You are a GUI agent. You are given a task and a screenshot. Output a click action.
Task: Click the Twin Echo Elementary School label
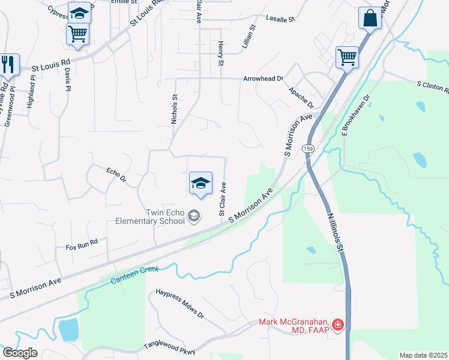150,216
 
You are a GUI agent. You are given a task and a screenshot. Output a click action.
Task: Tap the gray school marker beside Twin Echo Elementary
194,215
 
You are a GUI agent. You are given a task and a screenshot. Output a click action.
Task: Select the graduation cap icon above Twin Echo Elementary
200,183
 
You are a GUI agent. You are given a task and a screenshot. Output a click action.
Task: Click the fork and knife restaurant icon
8,64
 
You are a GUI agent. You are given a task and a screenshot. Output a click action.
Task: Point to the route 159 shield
309,148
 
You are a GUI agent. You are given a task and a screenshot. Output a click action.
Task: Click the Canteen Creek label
135,272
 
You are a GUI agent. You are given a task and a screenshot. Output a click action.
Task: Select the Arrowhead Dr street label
262,79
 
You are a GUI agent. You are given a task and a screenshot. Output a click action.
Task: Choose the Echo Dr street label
116,175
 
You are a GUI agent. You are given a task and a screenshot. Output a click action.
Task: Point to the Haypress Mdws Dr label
180,304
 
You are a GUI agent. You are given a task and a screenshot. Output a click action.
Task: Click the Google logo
20,353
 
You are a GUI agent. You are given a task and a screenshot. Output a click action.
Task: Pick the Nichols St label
175,109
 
